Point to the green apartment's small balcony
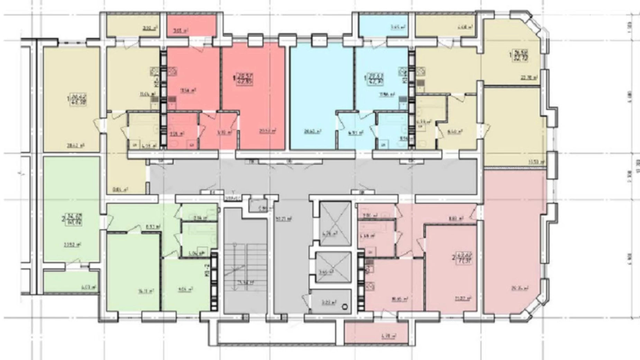point(71,282)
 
